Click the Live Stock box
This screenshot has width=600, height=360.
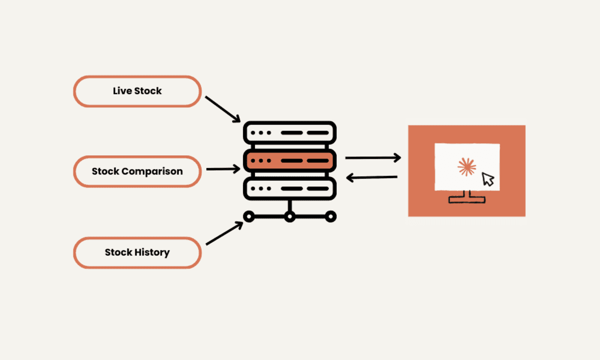tap(137, 91)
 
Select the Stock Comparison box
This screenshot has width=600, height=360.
tap(137, 171)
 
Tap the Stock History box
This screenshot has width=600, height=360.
tap(137, 252)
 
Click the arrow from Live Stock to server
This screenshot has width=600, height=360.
tap(223, 109)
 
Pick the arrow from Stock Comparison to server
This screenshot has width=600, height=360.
tap(223, 169)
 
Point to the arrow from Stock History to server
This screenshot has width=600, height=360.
tap(224, 233)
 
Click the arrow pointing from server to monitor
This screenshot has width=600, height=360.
tap(373, 158)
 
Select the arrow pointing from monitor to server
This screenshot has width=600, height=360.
tap(373, 177)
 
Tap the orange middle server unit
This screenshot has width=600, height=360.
tap(289, 160)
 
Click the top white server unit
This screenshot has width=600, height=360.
tap(289, 133)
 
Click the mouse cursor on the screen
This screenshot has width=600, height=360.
tap(487, 179)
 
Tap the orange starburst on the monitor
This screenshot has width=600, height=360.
tap(466, 167)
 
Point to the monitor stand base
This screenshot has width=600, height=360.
tap(467, 199)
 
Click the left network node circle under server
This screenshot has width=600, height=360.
tap(248, 216)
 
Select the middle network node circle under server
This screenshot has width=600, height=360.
tap(289, 216)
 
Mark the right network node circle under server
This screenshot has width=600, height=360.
tap(330, 216)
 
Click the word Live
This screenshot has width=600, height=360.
tap(123, 91)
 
